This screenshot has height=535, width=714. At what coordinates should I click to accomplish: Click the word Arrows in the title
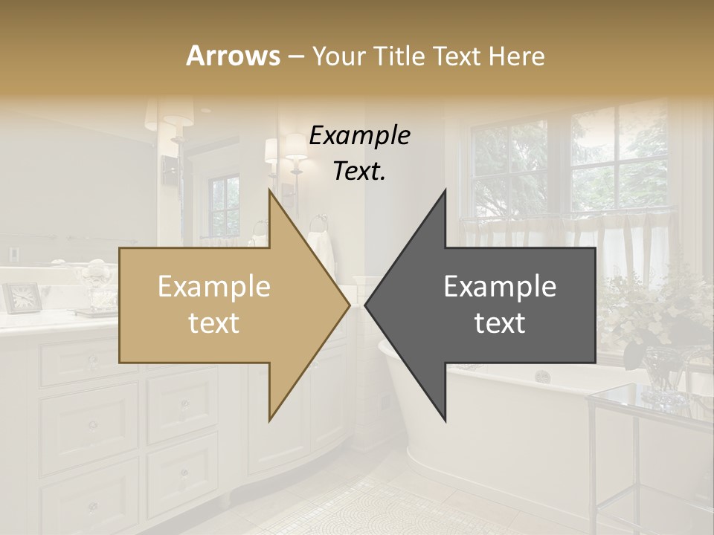(x=233, y=56)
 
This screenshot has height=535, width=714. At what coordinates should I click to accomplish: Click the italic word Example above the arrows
(x=359, y=136)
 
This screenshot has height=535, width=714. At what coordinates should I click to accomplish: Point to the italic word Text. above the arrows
(x=359, y=171)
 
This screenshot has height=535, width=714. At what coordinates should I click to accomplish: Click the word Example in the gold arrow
(x=214, y=287)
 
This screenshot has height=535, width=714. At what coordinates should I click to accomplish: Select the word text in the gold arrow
(x=214, y=322)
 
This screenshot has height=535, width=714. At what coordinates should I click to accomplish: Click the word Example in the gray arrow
(x=500, y=287)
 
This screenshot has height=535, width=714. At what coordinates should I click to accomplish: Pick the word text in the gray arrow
(x=500, y=322)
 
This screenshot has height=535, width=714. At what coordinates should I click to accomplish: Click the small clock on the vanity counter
(x=22, y=297)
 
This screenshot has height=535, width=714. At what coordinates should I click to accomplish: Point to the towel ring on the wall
(x=318, y=221)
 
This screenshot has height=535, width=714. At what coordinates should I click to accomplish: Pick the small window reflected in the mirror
(x=224, y=205)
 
